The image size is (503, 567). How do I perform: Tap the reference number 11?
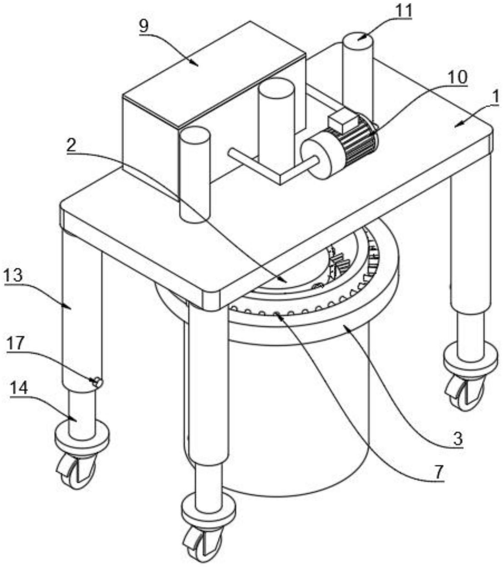tap(404, 11)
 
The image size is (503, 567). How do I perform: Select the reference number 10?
tap(457, 77)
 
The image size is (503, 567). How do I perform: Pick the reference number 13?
tap(14, 275)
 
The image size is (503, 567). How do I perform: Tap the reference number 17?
tap(15, 344)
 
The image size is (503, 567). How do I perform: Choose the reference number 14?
tap(19, 388)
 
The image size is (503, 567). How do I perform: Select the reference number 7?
tap(439, 472)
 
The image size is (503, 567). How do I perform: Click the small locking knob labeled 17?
tap(97, 382)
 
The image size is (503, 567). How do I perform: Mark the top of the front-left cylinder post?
tap(195, 133)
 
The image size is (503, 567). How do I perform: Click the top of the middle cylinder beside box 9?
tap(276, 86)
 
